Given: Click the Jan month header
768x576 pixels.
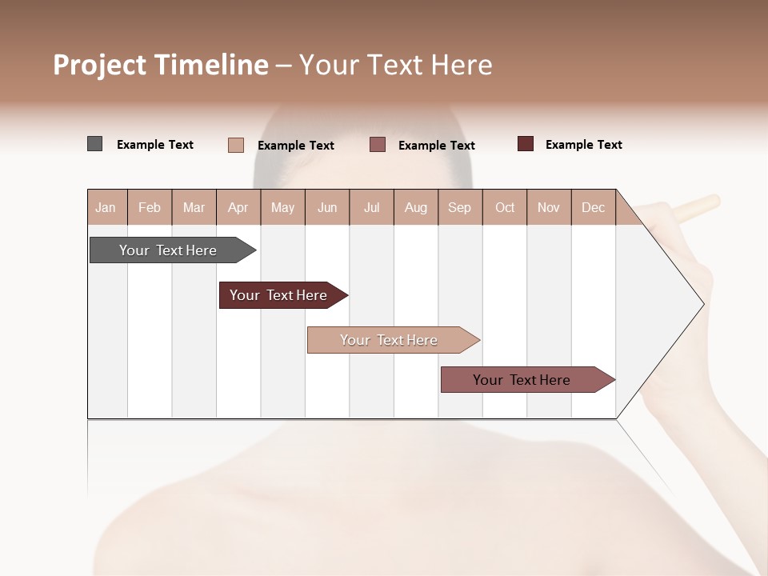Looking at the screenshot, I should click(106, 207).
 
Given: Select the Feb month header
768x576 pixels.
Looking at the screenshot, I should click(150, 207).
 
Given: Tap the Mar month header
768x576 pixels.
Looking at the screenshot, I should click(194, 207).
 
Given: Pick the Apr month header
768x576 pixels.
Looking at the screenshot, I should click(238, 207).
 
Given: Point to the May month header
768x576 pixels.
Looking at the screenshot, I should click(282, 207).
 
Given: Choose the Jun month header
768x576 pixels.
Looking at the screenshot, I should click(327, 207).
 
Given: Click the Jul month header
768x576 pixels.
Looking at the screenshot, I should click(371, 207).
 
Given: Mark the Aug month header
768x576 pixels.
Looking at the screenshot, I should click(416, 207).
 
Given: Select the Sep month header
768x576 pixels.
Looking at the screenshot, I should click(459, 207).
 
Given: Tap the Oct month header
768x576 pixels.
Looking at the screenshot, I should click(505, 207).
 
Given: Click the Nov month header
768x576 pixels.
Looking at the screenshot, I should click(549, 207).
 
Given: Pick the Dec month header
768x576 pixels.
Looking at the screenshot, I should click(593, 207).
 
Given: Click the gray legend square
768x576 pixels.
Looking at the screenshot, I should click(94, 144).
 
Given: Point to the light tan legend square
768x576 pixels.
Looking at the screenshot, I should click(236, 145).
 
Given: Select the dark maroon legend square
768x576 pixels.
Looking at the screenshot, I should click(526, 144).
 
